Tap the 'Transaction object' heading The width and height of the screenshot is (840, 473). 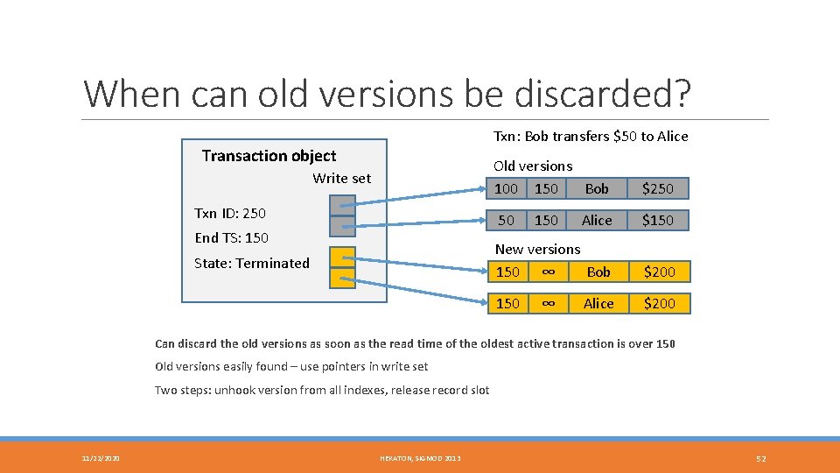[x=269, y=156]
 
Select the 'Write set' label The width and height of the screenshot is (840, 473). [x=341, y=178]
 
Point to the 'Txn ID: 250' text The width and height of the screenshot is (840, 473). [x=229, y=213]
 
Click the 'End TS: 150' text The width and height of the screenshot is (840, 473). [x=231, y=237]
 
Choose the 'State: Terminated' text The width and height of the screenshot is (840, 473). [x=251, y=263]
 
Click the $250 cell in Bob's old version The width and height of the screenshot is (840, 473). [x=658, y=188]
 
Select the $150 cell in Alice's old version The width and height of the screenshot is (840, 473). [x=658, y=220]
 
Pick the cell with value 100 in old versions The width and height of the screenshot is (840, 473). [x=506, y=188]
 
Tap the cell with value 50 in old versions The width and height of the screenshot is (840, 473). [x=506, y=220]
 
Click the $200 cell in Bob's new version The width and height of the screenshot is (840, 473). [x=659, y=272]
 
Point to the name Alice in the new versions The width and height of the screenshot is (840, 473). [x=598, y=303]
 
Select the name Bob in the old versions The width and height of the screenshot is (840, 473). [x=597, y=188]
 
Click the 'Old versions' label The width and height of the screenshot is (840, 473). [x=533, y=166]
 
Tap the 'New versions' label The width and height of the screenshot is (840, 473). [x=537, y=249]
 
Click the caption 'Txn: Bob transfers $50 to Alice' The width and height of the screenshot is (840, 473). [x=591, y=136]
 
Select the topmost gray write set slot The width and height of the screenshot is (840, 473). [x=342, y=205]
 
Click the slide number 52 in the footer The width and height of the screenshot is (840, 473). [x=761, y=458]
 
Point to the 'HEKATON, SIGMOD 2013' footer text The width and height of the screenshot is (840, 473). [x=419, y=458]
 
